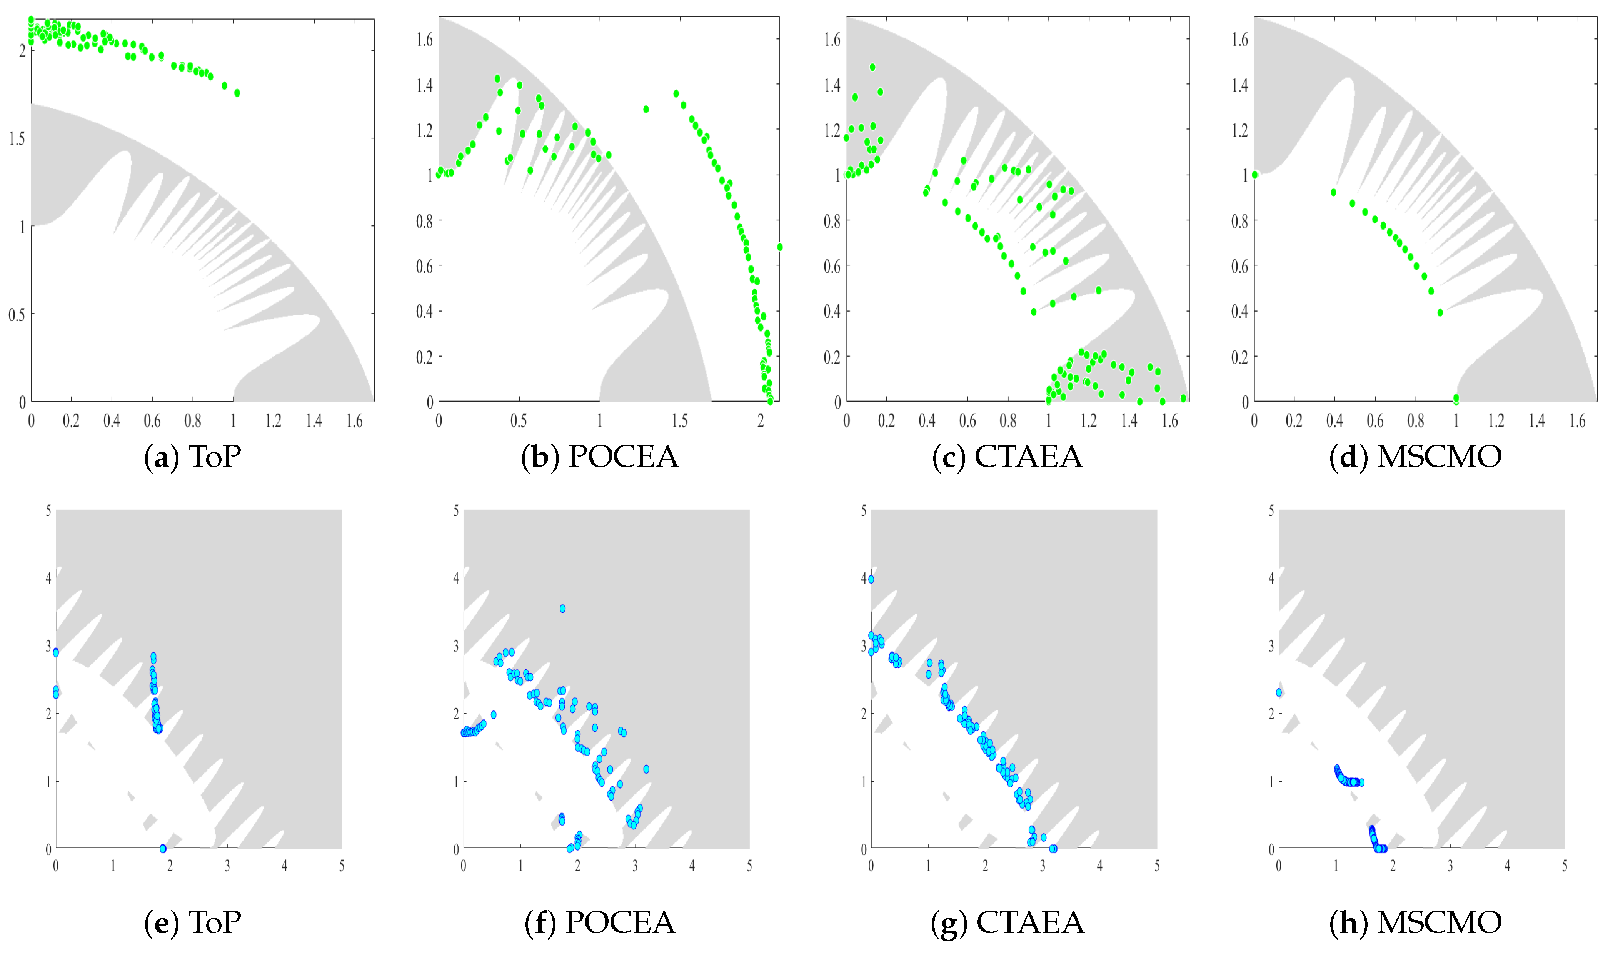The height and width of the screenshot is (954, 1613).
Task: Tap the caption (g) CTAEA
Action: (1007, 922)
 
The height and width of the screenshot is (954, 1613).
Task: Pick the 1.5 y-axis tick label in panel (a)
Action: (17, 138)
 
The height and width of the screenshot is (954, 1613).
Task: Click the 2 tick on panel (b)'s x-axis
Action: (761, 421)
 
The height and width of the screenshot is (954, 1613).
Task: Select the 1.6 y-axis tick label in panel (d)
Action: (1239, 40)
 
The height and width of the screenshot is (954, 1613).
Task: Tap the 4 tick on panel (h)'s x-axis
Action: (1507, 866)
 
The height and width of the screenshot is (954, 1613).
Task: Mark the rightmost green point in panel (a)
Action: (237, 93)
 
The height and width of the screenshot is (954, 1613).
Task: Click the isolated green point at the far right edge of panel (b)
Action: (780, 247)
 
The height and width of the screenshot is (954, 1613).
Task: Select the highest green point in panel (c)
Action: (872, 67)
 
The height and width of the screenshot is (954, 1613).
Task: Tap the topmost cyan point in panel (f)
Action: (562, 608)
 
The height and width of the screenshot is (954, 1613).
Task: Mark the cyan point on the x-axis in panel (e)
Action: (163, 849)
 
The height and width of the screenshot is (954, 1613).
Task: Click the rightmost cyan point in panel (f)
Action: (646, 769)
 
